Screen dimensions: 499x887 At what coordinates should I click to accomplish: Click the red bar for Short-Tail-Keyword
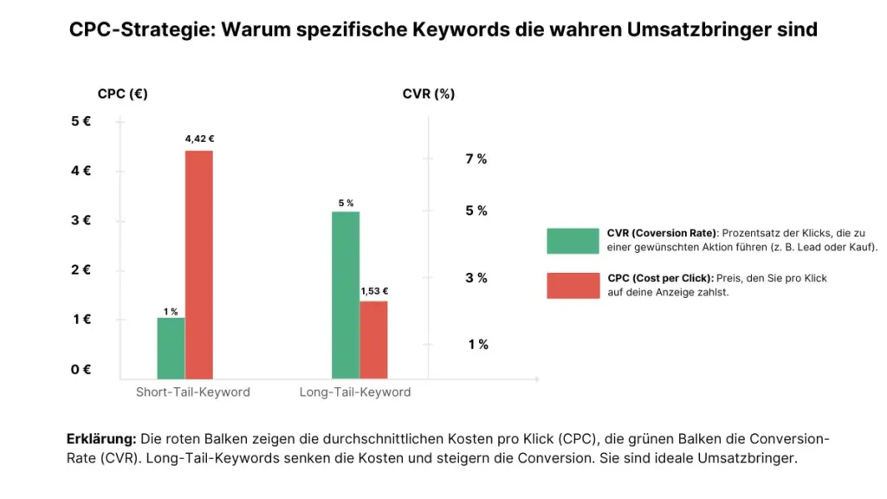coord(198,264)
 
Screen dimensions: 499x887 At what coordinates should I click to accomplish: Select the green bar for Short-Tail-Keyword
coord(171,348)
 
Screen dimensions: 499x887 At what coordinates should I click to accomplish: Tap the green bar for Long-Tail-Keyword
coord(346,295)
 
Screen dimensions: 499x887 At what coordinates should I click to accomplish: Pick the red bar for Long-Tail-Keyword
coord(373,340)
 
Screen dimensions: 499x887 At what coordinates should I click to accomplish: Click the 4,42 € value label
coord(199,139)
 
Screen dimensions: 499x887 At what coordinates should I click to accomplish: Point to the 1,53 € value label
coord(374,291)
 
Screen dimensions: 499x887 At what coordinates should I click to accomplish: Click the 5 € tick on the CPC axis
coord(81,121)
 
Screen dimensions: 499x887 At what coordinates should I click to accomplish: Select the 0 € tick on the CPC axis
coord(81,369)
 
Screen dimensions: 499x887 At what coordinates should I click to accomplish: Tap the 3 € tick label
coord(81,220)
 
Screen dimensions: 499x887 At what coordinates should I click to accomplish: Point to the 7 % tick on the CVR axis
coord(476,159)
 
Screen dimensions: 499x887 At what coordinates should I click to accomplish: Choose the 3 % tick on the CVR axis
coord(476,277)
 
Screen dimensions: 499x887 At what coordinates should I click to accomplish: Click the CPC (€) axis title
coord(122,94)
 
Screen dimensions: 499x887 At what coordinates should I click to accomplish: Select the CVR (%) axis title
coord(428,94)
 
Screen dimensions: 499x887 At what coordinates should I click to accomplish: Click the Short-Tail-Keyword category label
coord(192,392)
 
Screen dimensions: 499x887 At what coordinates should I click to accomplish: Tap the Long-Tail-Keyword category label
coord(355,392)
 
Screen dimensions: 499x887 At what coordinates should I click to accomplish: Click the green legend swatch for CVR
coord(573,241)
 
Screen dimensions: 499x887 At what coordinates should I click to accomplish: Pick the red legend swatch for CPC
coord(573,285)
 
